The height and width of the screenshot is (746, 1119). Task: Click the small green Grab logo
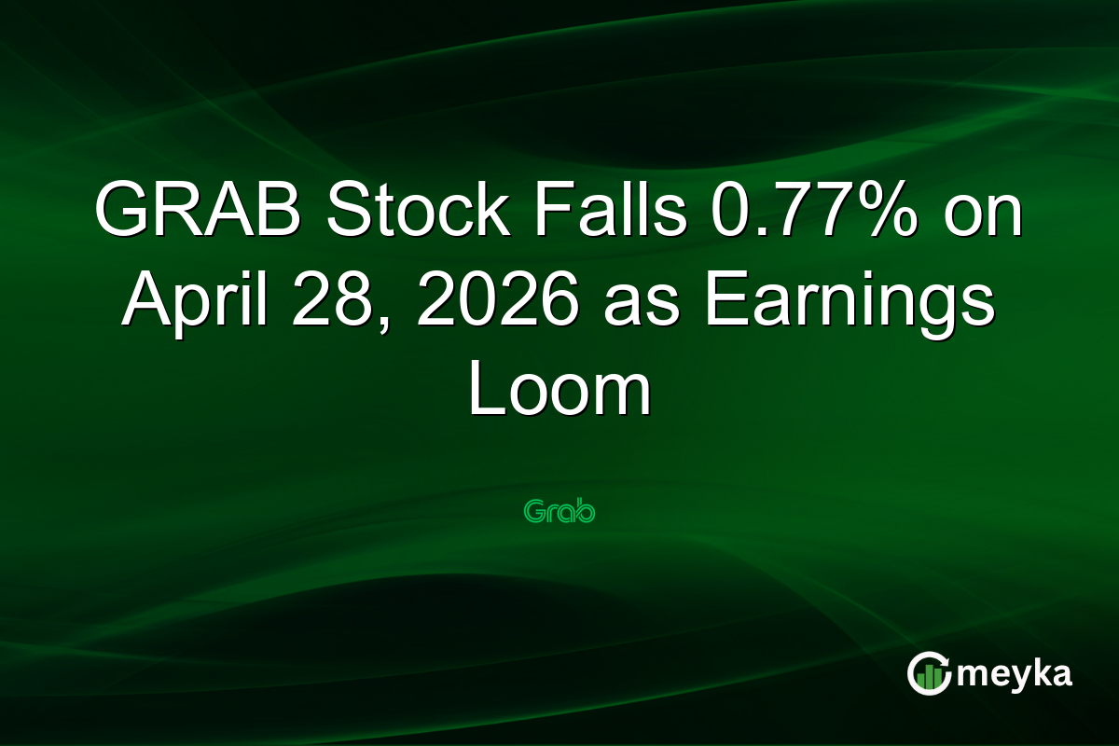[x=559, y=512]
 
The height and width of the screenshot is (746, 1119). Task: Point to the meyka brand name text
[x=1015, y=673]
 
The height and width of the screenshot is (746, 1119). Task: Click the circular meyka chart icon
[x=930, y=673]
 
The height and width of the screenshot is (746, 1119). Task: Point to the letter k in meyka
[x=1037, y=673]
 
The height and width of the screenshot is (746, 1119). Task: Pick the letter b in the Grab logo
[x=585, y=512]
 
